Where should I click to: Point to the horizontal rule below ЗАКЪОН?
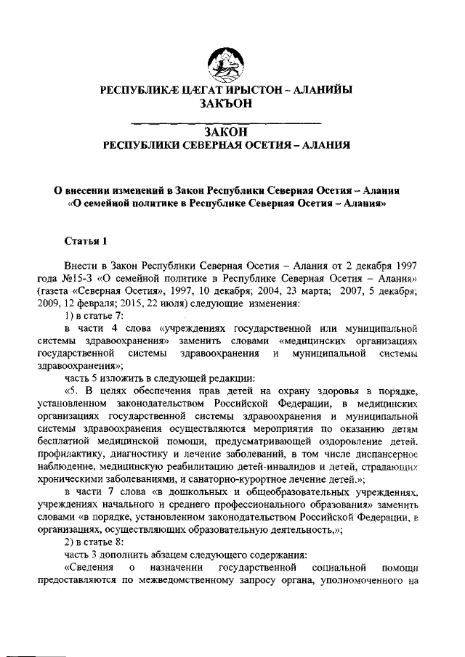pyautogui.click(x=229, y=121)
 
